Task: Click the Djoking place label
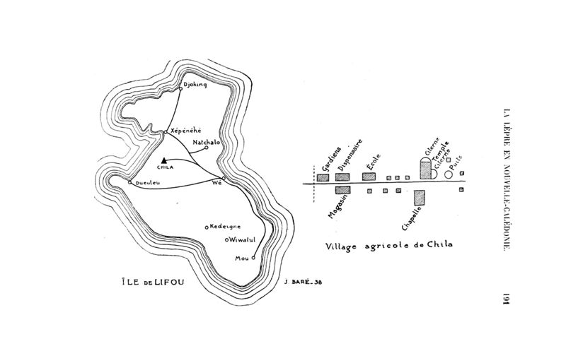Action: (x=195, y=85)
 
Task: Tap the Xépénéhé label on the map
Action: (x=186, y=131)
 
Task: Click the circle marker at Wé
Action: (x=224, y=178)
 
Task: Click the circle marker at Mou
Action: (x=253, y=258)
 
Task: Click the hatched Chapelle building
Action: (x=419, y=196)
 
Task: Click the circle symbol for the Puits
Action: (x=448, y=174)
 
